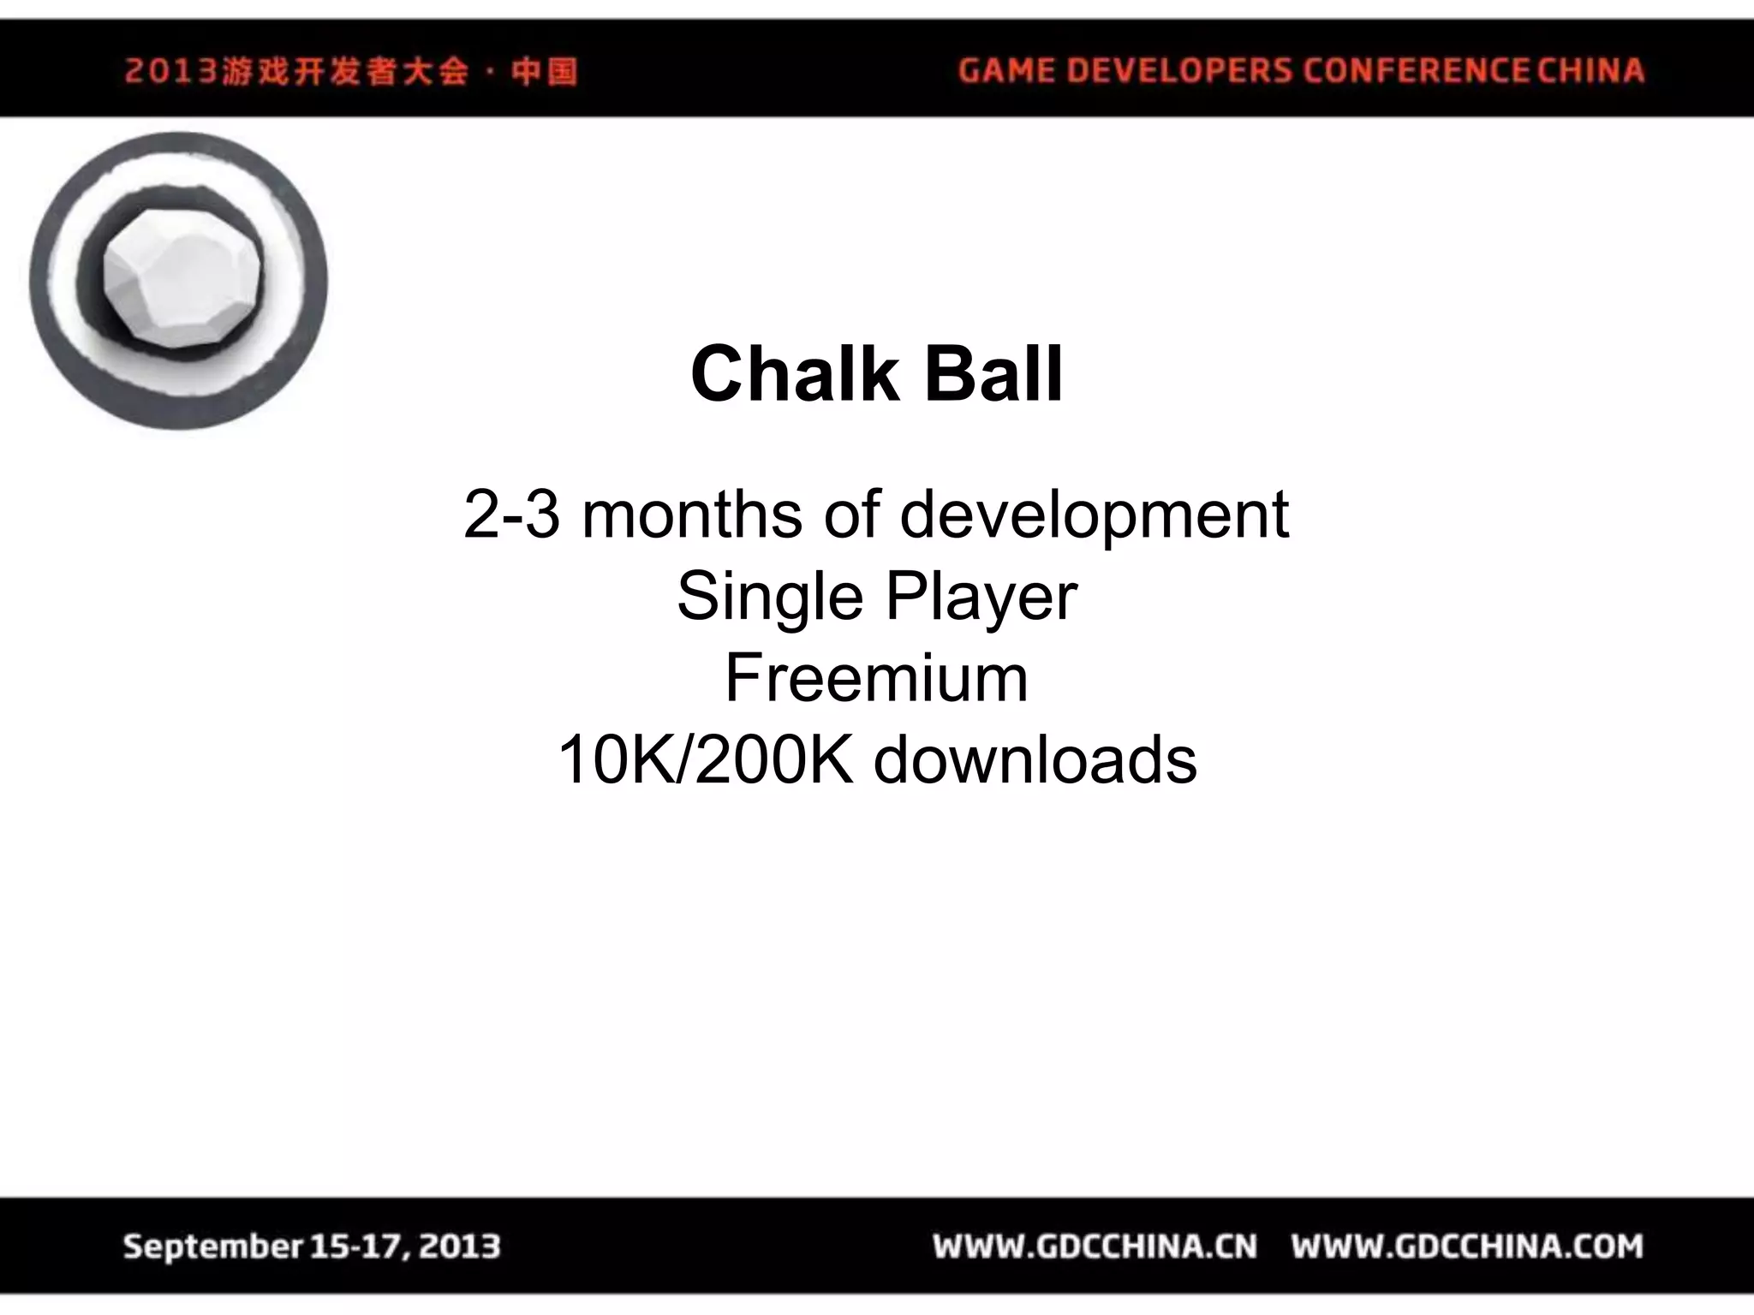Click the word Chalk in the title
coord(794,374)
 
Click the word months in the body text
coord(692,515)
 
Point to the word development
coord(1094,516)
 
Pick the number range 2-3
coord(511,515)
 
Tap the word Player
coord(981,598)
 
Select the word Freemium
coord(876,678)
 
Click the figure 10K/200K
coord(705,760)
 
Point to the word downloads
coord(1035,760)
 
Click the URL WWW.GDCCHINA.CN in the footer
coord(1095,1246)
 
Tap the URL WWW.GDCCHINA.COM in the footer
coord(1467,1246)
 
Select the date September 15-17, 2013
coord(312,1246)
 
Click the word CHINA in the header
coord(1590,70)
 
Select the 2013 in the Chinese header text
coord(170,70)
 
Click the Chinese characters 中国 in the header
coord(545,70)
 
